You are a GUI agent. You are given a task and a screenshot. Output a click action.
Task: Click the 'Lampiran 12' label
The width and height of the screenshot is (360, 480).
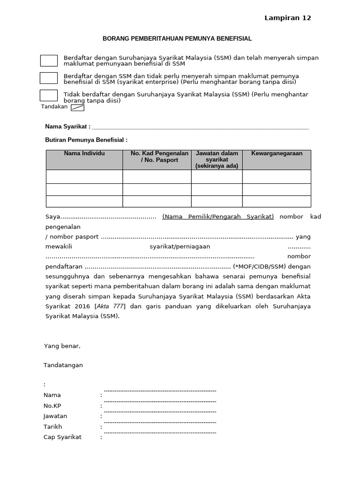tap(287, 18)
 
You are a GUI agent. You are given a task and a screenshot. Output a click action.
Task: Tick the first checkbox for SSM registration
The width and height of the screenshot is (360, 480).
tap(49, 60)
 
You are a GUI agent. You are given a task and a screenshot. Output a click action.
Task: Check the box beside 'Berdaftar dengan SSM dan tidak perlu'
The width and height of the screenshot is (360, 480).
tap(49, 78)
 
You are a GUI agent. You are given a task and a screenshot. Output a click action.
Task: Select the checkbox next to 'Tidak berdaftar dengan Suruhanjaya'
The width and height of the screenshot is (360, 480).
tap(49, 96)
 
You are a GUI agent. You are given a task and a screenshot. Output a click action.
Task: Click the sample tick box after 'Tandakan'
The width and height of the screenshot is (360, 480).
tap(77, 107)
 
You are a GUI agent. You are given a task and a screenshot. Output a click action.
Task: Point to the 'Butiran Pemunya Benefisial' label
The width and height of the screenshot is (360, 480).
tap(86, 140)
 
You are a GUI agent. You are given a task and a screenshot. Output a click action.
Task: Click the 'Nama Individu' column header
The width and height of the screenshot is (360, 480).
tap(84, 154)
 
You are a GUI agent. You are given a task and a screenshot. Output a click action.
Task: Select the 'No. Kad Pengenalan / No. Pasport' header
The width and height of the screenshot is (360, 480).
tap(157, 157)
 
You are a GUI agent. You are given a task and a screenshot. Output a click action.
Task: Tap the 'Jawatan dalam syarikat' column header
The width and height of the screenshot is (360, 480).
tap(217, 159)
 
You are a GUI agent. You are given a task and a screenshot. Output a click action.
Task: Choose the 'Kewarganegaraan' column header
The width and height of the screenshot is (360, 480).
tap(277, 154)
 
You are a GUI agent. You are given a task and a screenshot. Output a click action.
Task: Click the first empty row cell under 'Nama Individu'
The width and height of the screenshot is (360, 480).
tap(84, 177)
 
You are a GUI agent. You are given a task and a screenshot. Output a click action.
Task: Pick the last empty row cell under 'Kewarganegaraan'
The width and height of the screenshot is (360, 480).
tap(277, 202)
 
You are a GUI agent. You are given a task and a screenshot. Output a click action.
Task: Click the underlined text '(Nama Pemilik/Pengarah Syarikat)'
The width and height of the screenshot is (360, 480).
tap(218, 217)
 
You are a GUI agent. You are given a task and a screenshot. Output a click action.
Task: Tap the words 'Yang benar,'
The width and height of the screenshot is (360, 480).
tap(62, 346)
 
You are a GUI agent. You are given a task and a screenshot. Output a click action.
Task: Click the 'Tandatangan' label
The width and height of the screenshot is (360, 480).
tap(63, 365)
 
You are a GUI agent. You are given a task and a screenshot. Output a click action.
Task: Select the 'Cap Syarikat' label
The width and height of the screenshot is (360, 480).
tap(62, 437)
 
